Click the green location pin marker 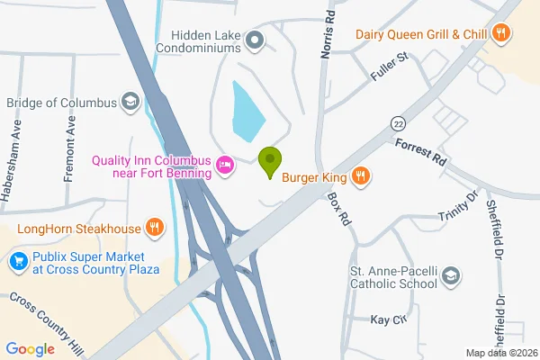pos(269,162)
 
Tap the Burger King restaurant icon pos(360,175)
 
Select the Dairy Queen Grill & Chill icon pos(502,34)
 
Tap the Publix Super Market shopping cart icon pos(17,262)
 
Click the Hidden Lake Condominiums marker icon pos(255,40)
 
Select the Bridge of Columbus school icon pos(131,102)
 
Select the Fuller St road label pos(390,68)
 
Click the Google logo pos(30,349)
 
